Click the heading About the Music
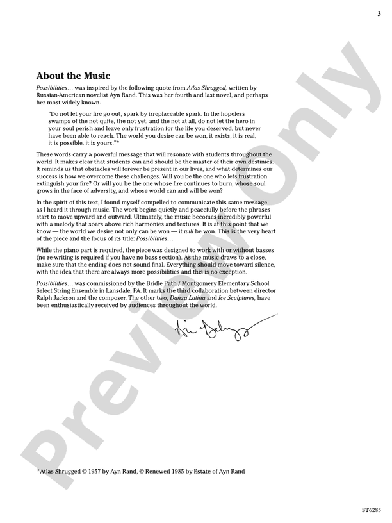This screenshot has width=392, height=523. coord(73,76)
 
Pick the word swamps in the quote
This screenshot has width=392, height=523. coord(60,121)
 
